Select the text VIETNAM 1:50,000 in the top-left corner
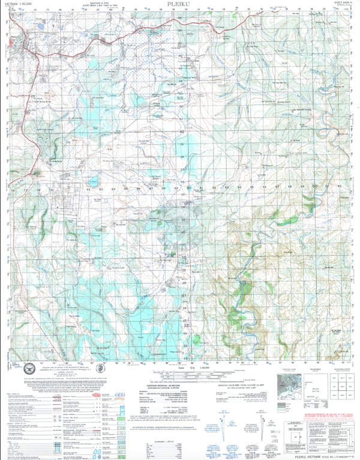click(x=20, y=4)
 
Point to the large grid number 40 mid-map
click(x=181, y=130)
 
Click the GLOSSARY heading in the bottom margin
click(x=180, y=425)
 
